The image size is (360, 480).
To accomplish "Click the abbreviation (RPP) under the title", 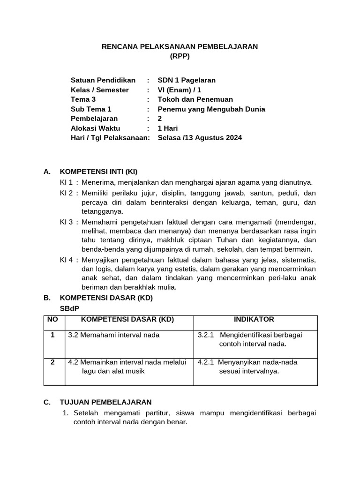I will click(x=180, y=56).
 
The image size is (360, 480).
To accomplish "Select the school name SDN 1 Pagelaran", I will click(x=187, y=80).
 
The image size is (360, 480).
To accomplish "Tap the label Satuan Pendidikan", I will click(x=103, y=80).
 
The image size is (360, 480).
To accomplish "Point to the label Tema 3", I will click(x=83, y=99).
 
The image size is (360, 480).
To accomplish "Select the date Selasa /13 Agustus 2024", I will click(x=200, y=138).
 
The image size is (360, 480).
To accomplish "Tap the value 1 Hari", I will click(x=168, y=128).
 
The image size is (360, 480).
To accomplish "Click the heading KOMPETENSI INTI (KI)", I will click(x=98, y=172).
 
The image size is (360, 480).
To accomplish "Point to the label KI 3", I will click(x=66, y=221).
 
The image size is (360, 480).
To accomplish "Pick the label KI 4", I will click(x=66, y=259).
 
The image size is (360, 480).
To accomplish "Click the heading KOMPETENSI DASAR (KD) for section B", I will click(x=106, y=298).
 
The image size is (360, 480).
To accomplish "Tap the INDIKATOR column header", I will click(x=254, y=320).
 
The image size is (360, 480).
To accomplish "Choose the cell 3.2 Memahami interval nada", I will click(x=114, y=335).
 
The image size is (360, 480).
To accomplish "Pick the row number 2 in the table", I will click(x=52, y=362).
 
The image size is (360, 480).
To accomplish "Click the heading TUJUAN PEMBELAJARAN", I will click(x=105, y=402).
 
